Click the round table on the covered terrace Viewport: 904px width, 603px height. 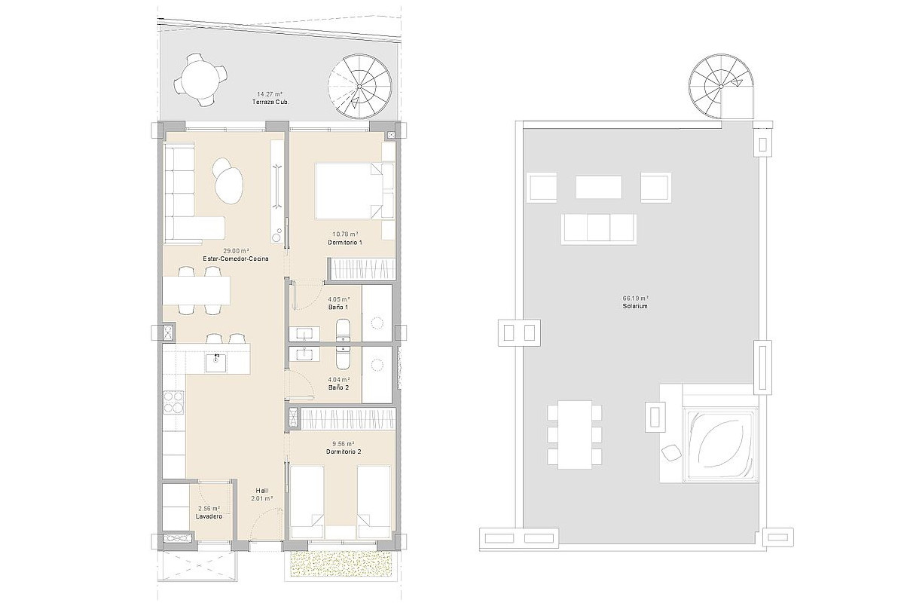(x=200, y=80)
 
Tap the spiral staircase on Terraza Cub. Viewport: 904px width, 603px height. (x=359, y=87)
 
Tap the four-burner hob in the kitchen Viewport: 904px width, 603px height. (x=173, y=402)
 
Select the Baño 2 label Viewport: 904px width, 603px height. (x=338, y=387)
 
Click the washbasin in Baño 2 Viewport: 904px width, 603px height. (x=304, y=354)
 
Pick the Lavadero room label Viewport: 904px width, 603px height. (x=209, y=516)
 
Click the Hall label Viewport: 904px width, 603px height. (x=262, y=491)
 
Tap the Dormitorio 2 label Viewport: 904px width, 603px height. (x=344, y=451)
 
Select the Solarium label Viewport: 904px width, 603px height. (x=635, y=306)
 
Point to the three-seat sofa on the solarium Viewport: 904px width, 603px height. (x=598, y=229)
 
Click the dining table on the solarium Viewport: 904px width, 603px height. (x=575, y=434)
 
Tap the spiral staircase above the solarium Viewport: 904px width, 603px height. (x=721, y=87)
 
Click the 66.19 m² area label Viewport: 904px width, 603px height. (x=635, y=298)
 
